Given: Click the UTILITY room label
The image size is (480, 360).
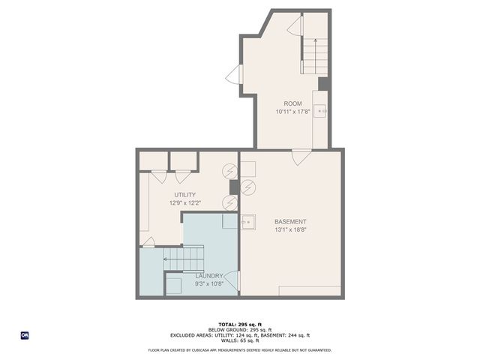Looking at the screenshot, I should (x=185, y=195).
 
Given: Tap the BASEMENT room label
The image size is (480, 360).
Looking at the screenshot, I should (x=289, y=221).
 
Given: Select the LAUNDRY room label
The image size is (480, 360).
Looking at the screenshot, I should (x=208, y=276).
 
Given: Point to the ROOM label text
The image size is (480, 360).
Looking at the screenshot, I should (x=292, y=103).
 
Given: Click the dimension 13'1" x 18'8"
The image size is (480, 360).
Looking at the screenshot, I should (x=289, y=229).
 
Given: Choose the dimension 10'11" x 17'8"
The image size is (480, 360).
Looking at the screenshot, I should (x=292, y=112).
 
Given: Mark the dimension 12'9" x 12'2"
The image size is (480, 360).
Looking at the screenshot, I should (x=185, y=202).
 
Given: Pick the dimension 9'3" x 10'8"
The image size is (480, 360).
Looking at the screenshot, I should (x=208, y=283).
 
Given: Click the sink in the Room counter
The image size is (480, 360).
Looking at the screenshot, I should (x=322, y=111).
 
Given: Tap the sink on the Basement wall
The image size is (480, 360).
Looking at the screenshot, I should (x=247, y=222).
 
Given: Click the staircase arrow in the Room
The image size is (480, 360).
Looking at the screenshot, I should (x=314, y=45).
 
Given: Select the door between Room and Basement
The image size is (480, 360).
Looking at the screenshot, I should (x=301, y=156).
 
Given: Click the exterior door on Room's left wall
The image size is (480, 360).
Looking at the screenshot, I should (x=235, y=74).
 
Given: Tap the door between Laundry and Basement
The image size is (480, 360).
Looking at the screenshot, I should (x=233, y=282).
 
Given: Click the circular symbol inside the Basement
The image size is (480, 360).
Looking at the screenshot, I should (x=249, y=186).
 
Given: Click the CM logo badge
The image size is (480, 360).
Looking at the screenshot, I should (x=25, y=335).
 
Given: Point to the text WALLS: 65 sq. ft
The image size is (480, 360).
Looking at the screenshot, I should (x=240, y=340).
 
